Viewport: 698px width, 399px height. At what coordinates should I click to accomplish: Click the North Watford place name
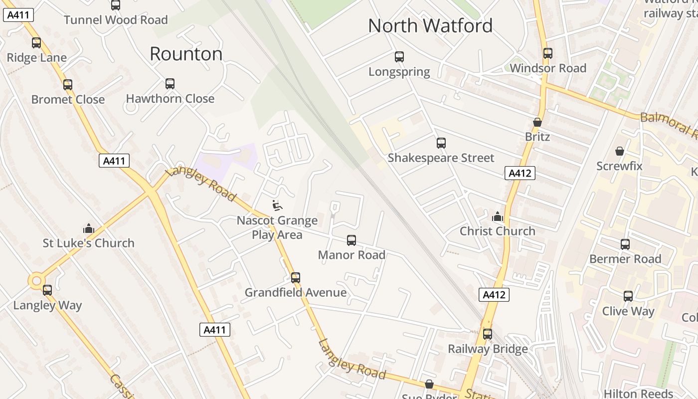[430, 26]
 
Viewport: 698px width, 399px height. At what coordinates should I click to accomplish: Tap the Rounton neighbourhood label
[186, 54]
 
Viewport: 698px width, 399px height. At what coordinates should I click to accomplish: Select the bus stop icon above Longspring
[399, 57]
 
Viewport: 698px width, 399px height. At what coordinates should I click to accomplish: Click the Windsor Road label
[548, 68]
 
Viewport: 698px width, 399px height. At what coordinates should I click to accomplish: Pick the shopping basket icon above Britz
[537, 122]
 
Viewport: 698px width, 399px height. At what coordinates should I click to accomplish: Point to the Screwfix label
[619, 166]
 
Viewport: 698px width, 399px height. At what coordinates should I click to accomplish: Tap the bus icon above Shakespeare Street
[441, 144]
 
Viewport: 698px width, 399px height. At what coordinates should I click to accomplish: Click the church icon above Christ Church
[497, 216]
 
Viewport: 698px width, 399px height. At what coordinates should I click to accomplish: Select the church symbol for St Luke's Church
[89, 228]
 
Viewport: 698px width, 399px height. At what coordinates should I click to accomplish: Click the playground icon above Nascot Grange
[277, 204]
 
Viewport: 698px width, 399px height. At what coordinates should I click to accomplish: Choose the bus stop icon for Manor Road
[351, 240]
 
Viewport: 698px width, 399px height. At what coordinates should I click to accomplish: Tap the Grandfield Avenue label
[295, 293]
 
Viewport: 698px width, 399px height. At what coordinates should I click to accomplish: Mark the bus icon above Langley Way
[47, 290]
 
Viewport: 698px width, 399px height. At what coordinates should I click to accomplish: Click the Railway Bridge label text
[487, 349]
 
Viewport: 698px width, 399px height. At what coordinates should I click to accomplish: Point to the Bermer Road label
[625, 259]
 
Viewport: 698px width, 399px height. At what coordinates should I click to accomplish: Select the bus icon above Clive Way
[628, 296]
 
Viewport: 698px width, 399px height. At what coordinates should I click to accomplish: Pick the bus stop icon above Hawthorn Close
[170, 84]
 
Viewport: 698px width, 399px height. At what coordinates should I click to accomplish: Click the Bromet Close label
[68, 100]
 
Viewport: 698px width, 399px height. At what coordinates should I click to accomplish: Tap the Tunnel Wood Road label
[116, 20]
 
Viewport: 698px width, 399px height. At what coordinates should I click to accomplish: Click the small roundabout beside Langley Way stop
[36, 281]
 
